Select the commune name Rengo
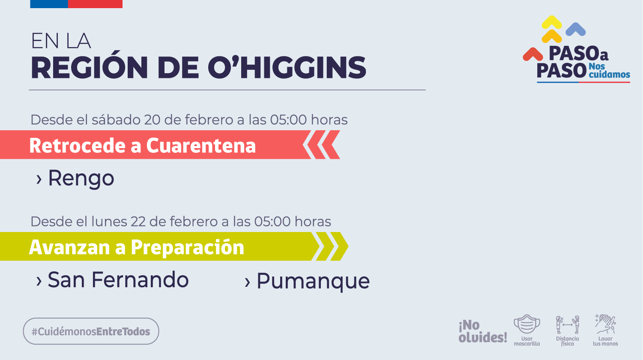(81, 179)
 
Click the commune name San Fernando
(118, 280)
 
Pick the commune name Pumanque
(313, 281)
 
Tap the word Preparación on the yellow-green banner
(187, 247)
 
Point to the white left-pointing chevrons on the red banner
(321, 145)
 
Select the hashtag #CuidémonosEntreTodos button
(91, 331)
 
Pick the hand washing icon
(605, 324)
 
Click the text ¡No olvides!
(482, 331)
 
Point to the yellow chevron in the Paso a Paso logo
(552, 29)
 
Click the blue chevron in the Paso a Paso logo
(575, 29)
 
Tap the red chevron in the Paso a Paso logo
(532, 54)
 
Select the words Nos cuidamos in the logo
(608, 71)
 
